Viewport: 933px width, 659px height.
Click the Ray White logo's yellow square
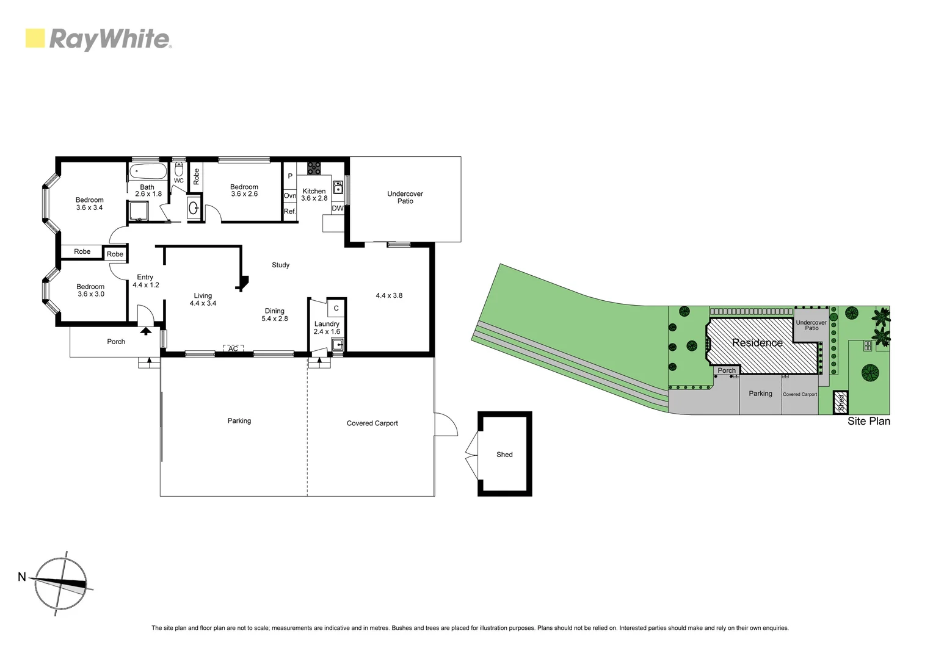pyautogui.click(x=35, y=38)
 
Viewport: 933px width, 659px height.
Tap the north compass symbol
pyautogui.click(x=60, y=584)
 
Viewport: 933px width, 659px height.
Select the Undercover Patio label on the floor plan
pyautogui.click(x=405, y=197)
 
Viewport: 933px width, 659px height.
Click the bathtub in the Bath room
pyautogui.click(x=147, y=171)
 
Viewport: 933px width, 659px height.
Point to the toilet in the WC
pyautogui.click(x=179, y=169)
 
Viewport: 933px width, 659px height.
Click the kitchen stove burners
pyautogui.click(x=314, y=168)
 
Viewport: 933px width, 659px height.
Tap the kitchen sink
pyautogui.click(x=338, y=187)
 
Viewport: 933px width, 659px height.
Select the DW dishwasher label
pyautogui.click(x=338, y=208)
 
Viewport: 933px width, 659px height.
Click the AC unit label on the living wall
pyautogui.click(x=233, y=348)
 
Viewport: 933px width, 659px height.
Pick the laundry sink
pyautogui.click(x=337, y=345)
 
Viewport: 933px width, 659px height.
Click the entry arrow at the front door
pyautogui.click(x=146, y=331)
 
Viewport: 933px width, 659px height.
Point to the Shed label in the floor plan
pyautogui.click(x=504, y=455)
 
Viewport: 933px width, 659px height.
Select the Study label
pyautogui.click(x=280, y=265)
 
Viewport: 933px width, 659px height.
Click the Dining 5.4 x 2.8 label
pyautogui.click(x=275, y=315)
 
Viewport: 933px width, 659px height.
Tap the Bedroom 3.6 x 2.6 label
pyautogui.click(x=244, y=190)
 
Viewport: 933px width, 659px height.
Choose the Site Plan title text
pyautogui.click(x=868, y=421)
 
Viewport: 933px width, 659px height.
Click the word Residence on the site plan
pyautogui.click(x=757, y=343)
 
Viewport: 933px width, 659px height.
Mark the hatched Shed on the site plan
pyautogui.click(x=841, y=402)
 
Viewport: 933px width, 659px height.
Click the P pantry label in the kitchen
pyautogui.click(x=290, y=176)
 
